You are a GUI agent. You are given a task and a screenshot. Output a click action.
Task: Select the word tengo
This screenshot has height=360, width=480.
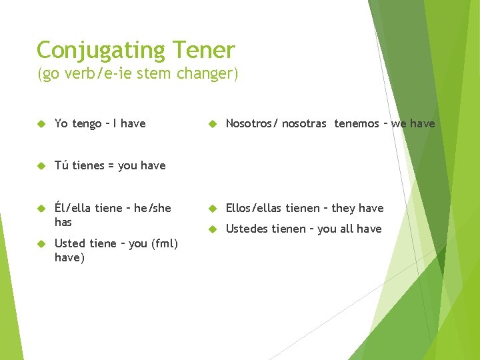(x=87, y=124)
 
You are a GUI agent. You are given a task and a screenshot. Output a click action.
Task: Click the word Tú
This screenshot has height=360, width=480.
(x=61, y=165)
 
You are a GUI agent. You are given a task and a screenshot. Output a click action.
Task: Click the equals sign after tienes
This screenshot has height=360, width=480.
(x=112, y=165)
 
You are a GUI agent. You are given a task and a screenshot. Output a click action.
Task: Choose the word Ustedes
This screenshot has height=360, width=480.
(x=247, y=229)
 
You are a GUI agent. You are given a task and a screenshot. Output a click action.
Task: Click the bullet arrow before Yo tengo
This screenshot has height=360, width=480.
(x=41, y=124)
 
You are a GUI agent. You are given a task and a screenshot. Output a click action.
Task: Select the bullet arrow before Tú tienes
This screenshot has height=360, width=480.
(x=41, y=165)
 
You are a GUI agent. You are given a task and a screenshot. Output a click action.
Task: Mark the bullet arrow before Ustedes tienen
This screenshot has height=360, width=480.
(x=213, y=229)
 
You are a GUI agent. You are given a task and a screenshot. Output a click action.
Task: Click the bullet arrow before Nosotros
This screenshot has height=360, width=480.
(x=213, y=124)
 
